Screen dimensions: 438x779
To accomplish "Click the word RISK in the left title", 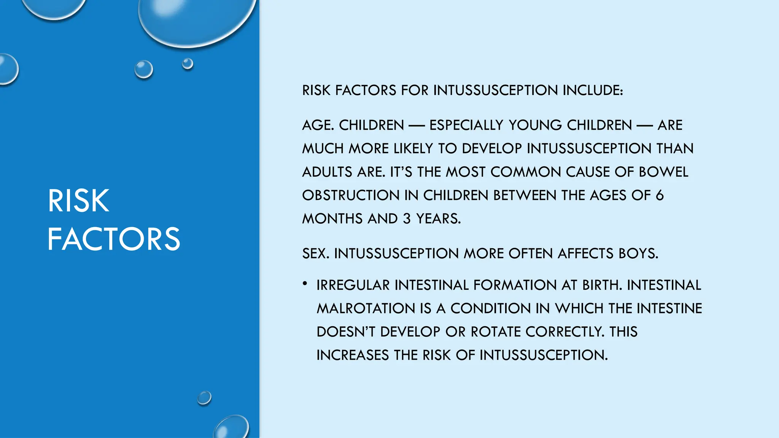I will [78, 201].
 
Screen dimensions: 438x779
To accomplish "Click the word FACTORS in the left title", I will [113, 239].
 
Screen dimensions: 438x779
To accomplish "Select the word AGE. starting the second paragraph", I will [318, 125].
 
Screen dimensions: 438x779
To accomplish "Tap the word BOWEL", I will [663, 172].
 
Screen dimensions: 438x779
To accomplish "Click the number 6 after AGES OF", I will [660, 195].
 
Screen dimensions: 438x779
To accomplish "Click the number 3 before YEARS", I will [407, 219].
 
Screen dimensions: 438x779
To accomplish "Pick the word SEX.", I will [316, 254].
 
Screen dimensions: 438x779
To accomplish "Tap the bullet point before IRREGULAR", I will [305, 283].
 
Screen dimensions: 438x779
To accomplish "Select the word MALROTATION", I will [366, 308].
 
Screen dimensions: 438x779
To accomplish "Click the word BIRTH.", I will [602, 285].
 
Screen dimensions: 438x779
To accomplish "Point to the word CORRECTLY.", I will [564, 332].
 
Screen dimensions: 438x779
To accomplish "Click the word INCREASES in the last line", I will [353, 355].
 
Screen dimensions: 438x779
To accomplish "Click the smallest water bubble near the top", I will [188, 63].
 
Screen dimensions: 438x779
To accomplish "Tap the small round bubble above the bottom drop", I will [204, 398].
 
